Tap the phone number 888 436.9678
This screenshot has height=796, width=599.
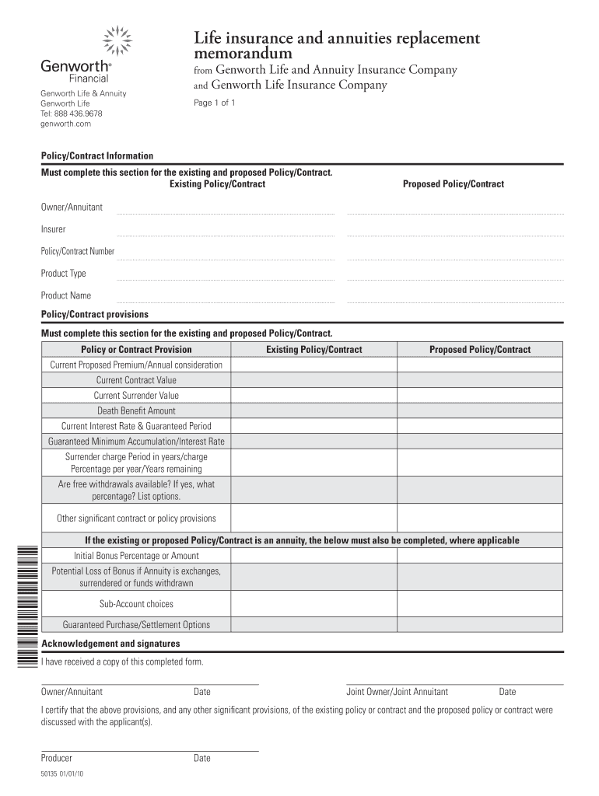[78, 113]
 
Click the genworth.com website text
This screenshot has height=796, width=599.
[66, 124]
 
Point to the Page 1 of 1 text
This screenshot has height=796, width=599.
[214, 103]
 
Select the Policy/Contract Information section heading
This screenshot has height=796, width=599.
[97, 156]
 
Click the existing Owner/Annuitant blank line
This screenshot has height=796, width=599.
[225, 209]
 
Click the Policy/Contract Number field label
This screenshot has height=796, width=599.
[78, 251]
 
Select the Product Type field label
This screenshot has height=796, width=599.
[64, 274]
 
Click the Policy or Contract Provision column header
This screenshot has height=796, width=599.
[136, 350]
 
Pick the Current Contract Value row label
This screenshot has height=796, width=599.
[136, 380]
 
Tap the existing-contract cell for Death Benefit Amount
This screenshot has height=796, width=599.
[314, 410]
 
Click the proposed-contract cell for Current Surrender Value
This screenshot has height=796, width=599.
[479, 396]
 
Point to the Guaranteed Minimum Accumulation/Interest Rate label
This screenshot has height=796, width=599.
[136, 441]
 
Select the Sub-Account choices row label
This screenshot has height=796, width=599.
[136, 604]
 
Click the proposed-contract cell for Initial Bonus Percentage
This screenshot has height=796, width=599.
[479, 556]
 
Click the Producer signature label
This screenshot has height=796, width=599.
[57, 758]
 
